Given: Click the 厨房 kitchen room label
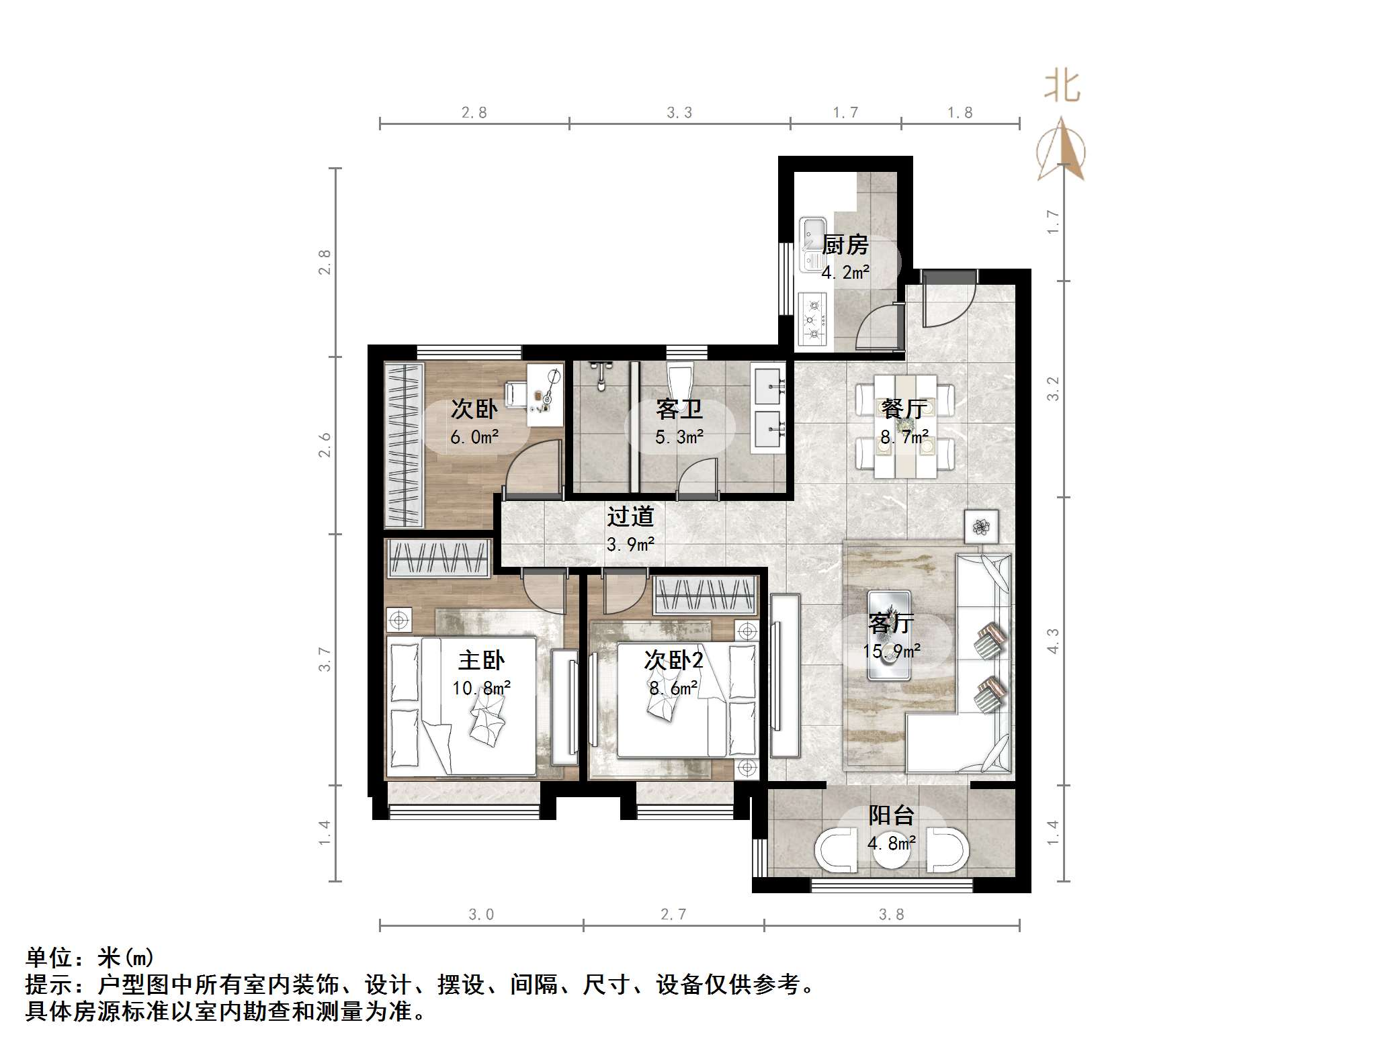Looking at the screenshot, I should point(845,245).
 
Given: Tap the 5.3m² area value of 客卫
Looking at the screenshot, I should point(679,437).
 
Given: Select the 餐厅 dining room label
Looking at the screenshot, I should point(904,408).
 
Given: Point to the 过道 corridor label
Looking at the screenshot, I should point(630,516).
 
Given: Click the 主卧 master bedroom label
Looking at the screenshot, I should point(481,660).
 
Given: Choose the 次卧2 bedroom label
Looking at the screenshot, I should point(673,660).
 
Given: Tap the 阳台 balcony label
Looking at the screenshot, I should point(891,815).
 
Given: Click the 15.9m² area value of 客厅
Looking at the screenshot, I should point(891,651).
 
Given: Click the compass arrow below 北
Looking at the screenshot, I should point(1061,149).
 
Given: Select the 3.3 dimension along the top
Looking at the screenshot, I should point(679,113).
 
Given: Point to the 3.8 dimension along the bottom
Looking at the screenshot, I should point(891,915).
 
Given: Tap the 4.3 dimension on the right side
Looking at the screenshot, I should point(1053,641).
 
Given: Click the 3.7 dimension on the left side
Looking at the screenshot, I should point(325,659).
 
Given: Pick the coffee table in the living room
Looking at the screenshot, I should point(888,635).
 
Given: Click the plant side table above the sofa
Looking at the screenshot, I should point(980,527).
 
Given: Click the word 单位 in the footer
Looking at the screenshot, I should point(48,957).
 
